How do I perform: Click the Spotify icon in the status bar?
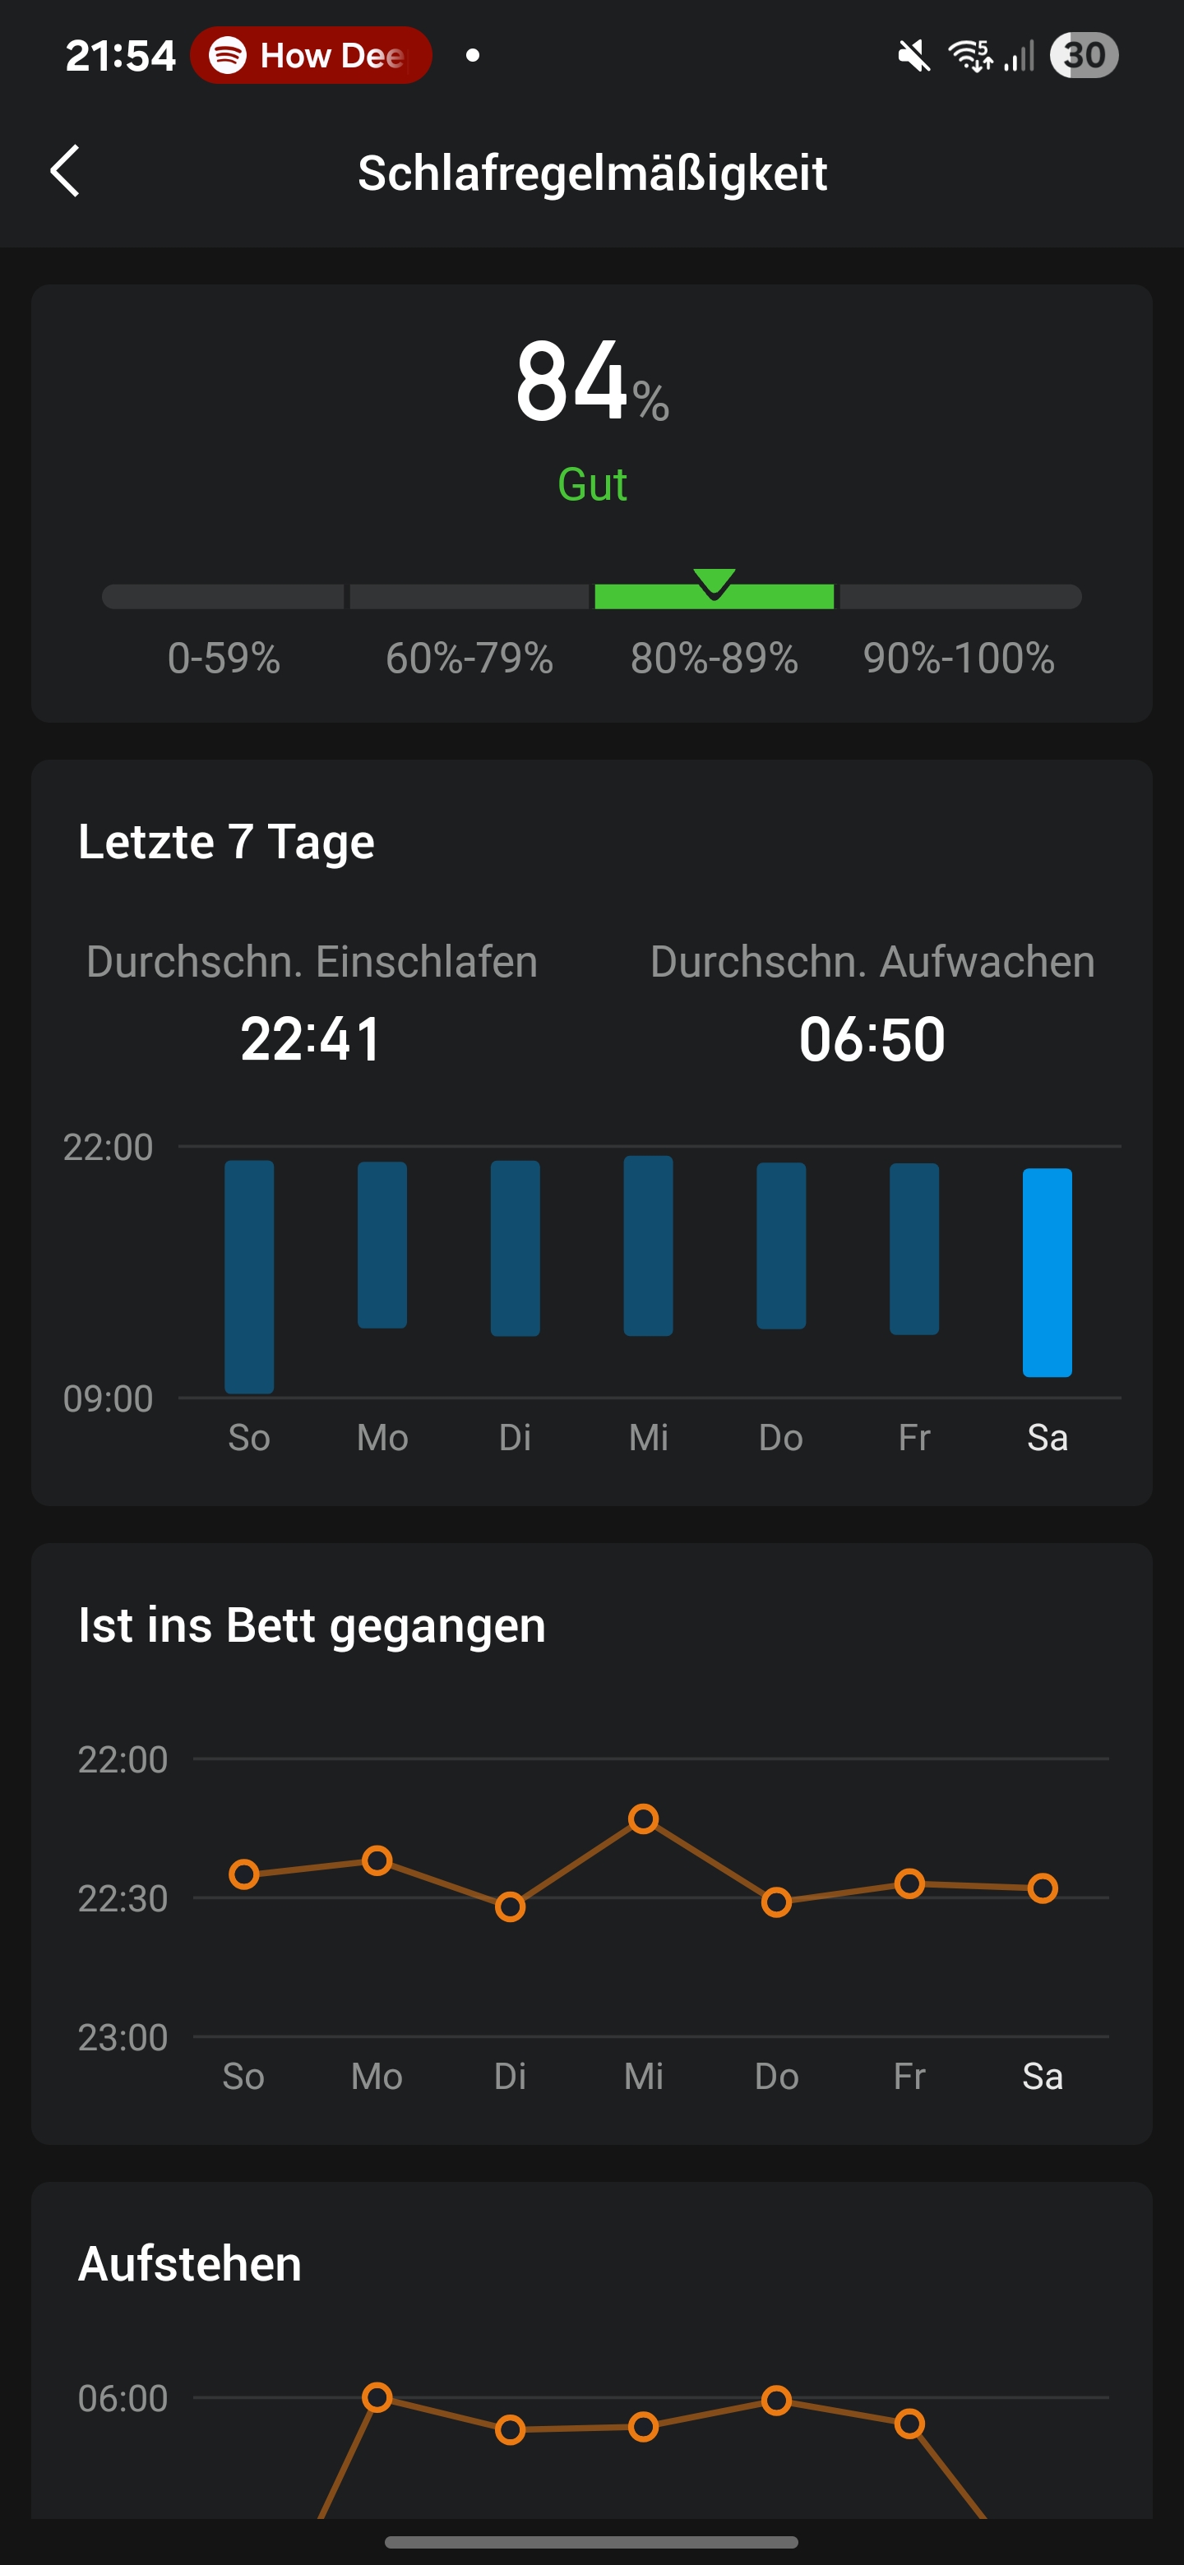pyautogui.click(x=228, y=56)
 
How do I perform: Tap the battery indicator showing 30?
pyautogui.click(x=1084, y=56)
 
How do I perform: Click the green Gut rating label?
pyautogui.click(x=591, y=485)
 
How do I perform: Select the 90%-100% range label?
pyautogui.click(x=958, y=659)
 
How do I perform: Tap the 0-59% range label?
pyautogui.click(x=224, y=659)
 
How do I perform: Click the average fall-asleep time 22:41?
pyautogui.click(x=311, y=1039)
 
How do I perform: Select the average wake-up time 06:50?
pyautogui.click(x=872, y=1039)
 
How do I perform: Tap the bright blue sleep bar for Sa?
pyautogui.click(x=1047, y=1272)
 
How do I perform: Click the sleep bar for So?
pyautogui.click(x=249, y=1277)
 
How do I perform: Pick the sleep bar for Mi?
pyautogui.click(x=648, y=1246)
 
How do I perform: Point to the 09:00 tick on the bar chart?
pyautogui.click(x=109, y=1399)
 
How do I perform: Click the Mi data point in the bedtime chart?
pyautogui.click(x=643, y=1819)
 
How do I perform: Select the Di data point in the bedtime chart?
pyautogui.click(x=510, y=1906)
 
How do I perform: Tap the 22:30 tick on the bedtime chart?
pyautogui.click(x=123, y=1899)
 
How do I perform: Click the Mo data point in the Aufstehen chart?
pyautogui.click(x=377, y=2396)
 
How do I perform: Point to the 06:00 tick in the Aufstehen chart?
pyautogui.click(x=123, y=2399)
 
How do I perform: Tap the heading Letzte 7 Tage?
pyautogui.click(x=226, y=843)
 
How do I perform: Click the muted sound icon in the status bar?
pyautogui.click(x=913, y=56)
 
